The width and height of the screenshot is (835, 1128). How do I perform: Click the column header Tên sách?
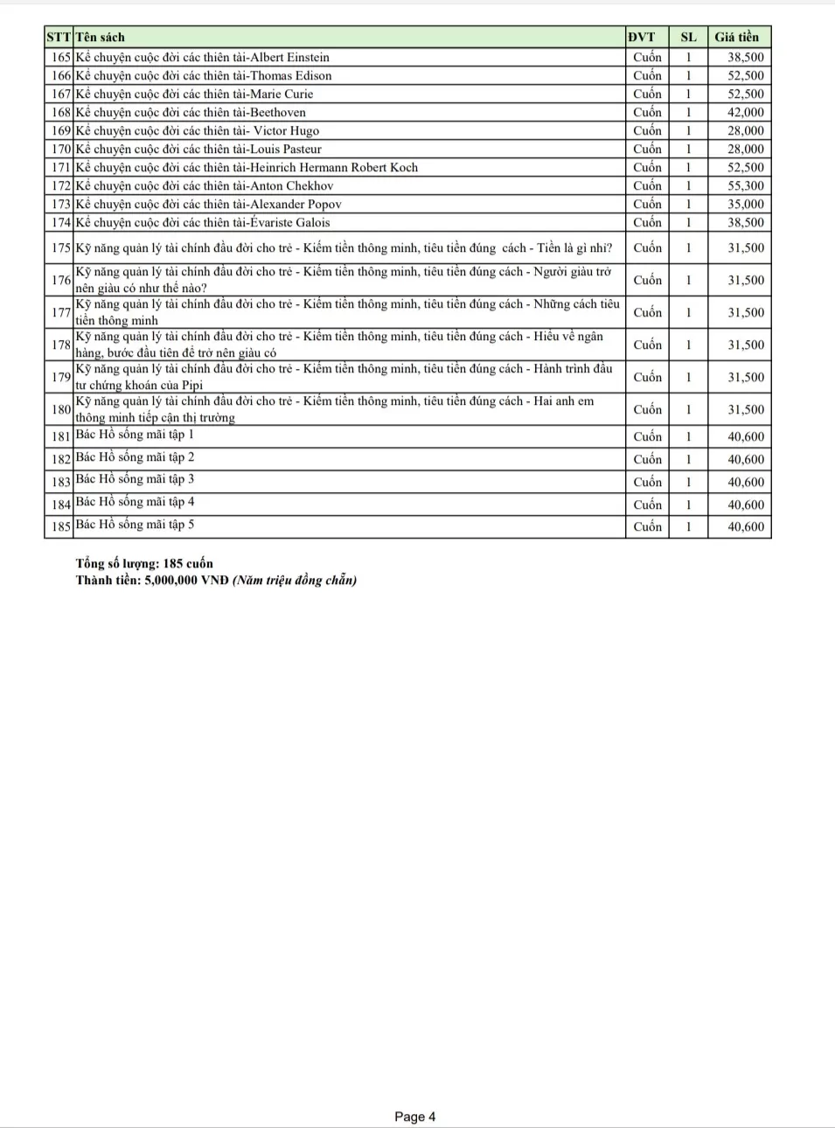click(101, 37)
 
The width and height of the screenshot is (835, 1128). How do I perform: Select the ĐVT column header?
click(641, 37)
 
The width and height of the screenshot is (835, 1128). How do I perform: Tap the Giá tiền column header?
click(736, 37)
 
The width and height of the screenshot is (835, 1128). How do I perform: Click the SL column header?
click(688, 37)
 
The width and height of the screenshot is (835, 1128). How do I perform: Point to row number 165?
click(60, 57)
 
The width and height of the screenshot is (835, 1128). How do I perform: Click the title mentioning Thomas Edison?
click(204, 75)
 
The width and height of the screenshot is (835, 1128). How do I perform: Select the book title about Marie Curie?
click(194, 94)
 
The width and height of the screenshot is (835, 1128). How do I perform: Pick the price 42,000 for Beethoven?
click(745, 112)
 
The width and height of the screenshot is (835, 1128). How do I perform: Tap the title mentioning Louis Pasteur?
click(198, 149)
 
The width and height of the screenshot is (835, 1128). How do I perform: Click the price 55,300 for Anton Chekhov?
click(745, 185)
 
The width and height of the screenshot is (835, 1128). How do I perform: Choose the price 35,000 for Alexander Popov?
click(745, 204)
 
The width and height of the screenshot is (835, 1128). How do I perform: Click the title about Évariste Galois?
click(203, 222)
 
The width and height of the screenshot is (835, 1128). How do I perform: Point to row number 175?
click(60, 247)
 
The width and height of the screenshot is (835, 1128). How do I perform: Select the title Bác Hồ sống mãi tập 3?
click(135, 479)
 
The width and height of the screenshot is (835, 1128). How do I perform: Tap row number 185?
click(60, 526)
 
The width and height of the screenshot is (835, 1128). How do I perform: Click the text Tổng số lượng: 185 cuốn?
click(144, 563)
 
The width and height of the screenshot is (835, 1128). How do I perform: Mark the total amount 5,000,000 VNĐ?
click(185, 580)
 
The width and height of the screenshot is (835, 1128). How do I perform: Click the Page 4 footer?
click(414, 1116)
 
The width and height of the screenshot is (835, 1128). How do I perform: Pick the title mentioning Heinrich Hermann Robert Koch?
click(247, 167)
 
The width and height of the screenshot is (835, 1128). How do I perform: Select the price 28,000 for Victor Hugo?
click(745, 130)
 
